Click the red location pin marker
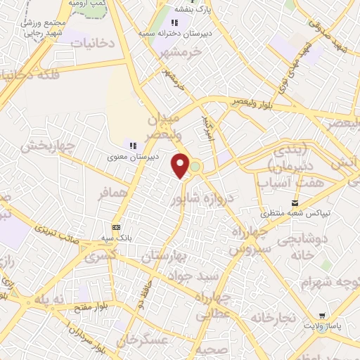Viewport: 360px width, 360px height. click(181, 165)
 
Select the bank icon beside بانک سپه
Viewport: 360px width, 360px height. click(116, 227)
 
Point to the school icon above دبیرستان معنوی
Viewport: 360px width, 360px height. click(132, 145)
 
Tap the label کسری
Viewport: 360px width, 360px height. click(99, 257)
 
